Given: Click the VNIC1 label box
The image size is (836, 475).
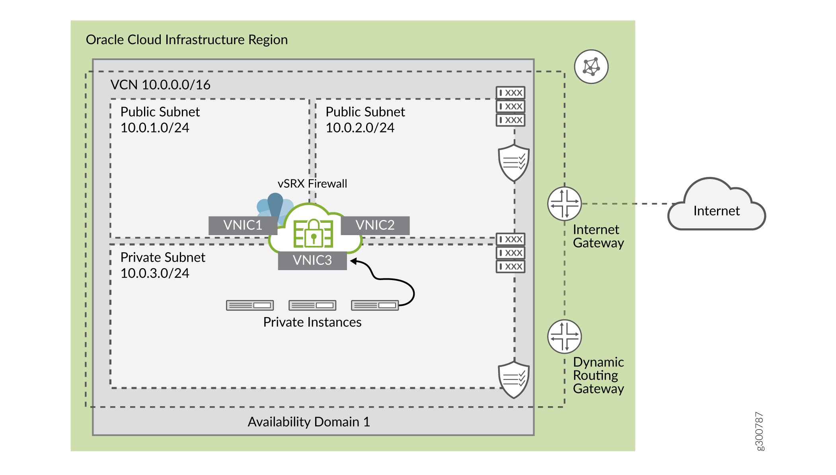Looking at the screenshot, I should [243, 226].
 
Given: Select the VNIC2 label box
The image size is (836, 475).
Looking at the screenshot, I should [375, 226].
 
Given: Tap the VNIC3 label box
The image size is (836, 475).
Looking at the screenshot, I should [312, 261].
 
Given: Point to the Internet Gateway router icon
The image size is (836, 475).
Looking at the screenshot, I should [564, 204].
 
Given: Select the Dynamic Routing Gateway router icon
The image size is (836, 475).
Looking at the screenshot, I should [564, 337].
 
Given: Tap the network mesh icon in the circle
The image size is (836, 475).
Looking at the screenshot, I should [591, 66].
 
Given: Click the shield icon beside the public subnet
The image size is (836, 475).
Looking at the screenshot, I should [514, 163].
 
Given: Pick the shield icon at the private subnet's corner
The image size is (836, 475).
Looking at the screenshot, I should [514, 379].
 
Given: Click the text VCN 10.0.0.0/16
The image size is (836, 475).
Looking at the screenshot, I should [160, 85].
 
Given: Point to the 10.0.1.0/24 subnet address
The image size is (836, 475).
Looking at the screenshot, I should [155, 128].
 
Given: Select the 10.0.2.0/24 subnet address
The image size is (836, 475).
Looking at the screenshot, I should [360, 128].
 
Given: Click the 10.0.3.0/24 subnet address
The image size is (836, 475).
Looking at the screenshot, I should [155, 273].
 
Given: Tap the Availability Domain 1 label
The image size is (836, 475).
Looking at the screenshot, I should [309, 422].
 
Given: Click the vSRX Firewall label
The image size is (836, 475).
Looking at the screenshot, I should [312, 184].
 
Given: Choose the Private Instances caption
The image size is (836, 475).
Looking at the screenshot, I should [312, 322].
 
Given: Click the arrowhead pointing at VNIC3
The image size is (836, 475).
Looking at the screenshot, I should [353, 261].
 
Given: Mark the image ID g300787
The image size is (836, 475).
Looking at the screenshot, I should [759, 431].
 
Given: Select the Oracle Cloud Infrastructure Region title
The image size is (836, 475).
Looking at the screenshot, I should [187, 40].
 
